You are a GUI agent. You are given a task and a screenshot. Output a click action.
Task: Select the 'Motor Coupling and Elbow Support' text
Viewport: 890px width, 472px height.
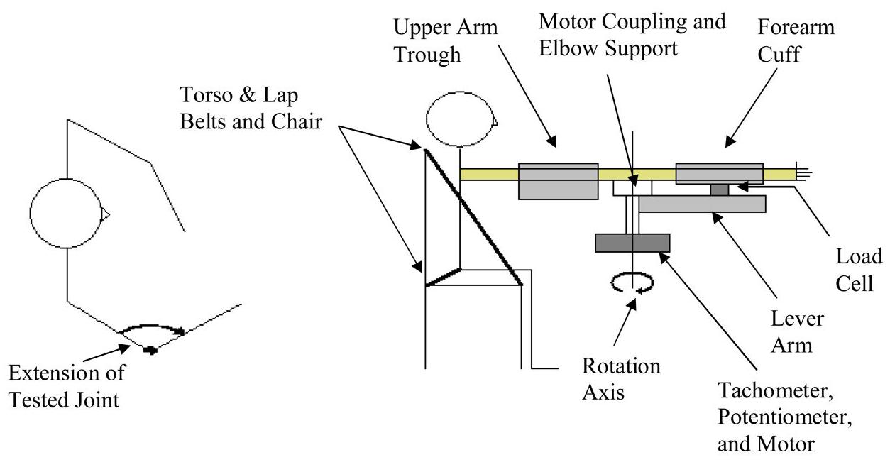tap(632, 35)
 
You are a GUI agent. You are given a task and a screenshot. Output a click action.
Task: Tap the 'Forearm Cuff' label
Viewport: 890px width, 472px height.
tap(796, 41)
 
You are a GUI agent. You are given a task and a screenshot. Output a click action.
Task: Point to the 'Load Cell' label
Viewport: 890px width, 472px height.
tap(858, 270)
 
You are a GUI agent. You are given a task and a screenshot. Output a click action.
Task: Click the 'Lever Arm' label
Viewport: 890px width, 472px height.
tap(798, 332)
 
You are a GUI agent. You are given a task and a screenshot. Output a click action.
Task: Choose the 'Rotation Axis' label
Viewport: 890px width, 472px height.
tap(621, 379)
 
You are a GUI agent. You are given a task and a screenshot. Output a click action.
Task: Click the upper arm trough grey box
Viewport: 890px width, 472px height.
tap(559, 180)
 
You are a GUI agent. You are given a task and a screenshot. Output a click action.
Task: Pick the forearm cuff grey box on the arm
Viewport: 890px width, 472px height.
tap(719, 172)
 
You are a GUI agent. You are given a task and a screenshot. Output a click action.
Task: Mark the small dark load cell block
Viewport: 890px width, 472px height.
tap(720, 189)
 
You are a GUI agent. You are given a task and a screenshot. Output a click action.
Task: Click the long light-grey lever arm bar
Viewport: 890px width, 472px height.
tap(702, 204)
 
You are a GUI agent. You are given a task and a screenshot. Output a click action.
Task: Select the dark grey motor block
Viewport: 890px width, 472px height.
tap(632, 243)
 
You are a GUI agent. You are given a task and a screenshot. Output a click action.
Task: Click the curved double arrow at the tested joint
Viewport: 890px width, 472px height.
tap(152, 329)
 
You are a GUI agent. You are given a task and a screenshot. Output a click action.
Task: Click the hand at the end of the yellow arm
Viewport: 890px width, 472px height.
tap(802, 172)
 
